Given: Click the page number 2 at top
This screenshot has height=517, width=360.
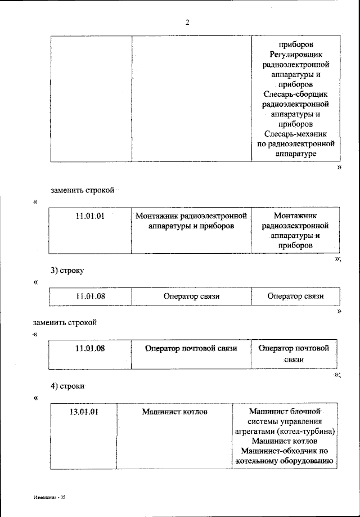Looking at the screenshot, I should coord(188,23).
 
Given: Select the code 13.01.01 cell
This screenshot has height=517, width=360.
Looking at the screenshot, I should coord(84,412).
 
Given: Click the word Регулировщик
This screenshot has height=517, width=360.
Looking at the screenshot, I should coord(295,54).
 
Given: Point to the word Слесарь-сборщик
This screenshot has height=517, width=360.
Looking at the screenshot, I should coord(295,94).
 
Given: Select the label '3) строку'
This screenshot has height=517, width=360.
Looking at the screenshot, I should coord(67,270).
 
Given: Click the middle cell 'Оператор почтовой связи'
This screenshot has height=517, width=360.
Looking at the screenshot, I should coord(191,348).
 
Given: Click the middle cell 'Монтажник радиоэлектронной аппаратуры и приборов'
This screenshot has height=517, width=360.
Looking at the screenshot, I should coord(191,221).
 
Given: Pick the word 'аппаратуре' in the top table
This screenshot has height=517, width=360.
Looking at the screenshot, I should coord(295,154).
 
